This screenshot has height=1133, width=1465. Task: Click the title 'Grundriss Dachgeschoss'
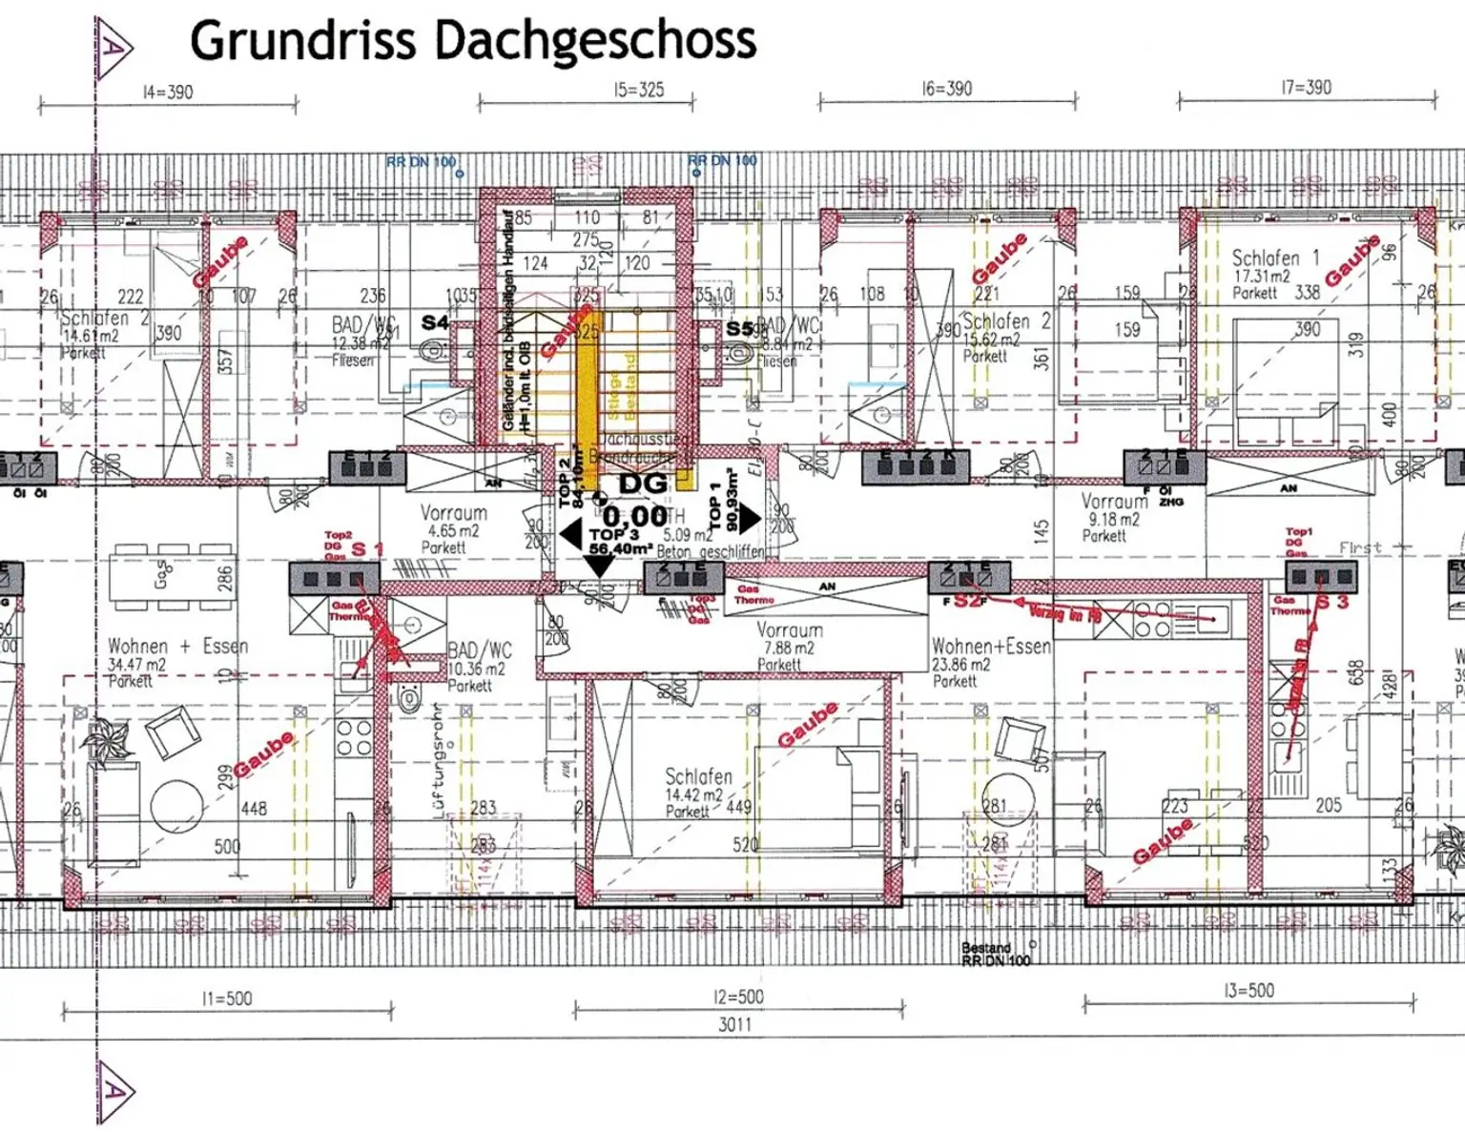pos(473,40)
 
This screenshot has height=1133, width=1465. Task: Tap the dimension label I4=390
pos(168,93)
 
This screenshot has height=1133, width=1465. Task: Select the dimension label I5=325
pos(638,91)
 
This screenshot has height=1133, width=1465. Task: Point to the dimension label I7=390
pos(1306,88)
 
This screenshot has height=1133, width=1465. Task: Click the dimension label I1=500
pos(227,999)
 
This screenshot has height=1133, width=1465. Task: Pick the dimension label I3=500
pos(1248,991)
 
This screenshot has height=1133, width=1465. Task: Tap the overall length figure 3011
pos(734,1024)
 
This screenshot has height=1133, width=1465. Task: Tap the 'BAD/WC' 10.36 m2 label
pos(480,667)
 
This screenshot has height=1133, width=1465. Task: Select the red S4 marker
pos(435,322)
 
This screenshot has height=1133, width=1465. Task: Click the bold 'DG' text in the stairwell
pos(643,484)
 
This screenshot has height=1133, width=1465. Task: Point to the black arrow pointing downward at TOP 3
pos(598,566)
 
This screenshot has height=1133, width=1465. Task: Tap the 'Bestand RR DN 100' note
pos(996,954)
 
